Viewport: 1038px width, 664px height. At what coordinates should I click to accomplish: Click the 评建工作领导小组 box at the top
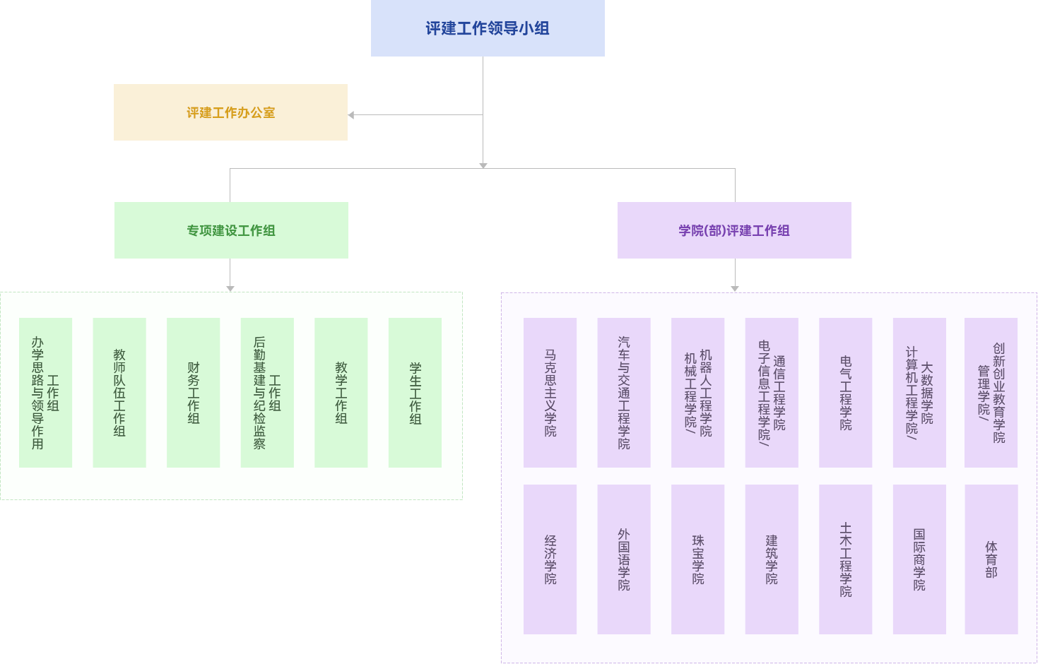point(488,28)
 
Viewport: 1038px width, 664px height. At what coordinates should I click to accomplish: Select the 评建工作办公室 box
point(230,112)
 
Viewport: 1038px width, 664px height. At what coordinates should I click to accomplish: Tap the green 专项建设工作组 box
point(231,230)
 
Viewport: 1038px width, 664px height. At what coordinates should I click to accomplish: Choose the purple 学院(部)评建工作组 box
point(734,230)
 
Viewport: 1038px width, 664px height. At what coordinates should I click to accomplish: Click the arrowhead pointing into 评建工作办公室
point(351,115)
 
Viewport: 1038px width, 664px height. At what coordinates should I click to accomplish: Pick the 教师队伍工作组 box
point(119,392)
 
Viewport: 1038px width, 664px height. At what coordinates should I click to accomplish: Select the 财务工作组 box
point(193,392)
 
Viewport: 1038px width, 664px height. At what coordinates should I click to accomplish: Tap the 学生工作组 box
point(415,392)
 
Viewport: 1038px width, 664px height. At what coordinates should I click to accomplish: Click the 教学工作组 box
point(341,392)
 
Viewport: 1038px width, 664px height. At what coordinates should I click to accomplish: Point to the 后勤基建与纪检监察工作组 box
point(267,392)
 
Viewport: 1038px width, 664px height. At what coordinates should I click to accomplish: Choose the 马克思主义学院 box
point(550,392)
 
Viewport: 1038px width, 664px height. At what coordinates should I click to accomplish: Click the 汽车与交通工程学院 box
point(623,392)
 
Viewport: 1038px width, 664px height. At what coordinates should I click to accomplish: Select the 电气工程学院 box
point(845,392)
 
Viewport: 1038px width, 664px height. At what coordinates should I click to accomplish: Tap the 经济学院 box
point(550,559)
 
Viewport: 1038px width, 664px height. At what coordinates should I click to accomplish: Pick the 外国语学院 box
point(623,559)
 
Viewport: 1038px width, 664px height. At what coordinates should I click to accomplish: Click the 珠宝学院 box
point(697,559)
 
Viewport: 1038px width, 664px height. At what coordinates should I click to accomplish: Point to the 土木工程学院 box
point(845,559)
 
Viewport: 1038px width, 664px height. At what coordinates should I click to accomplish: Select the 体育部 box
point(991,559)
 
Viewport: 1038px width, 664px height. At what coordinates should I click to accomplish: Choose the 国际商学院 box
point(919,559)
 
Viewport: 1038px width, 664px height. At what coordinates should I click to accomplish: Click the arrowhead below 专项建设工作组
point(230,288)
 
